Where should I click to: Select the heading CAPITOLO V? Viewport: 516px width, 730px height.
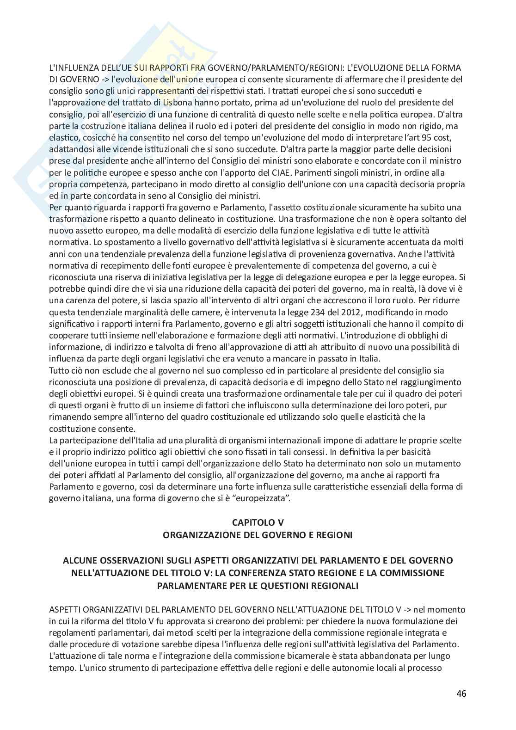(258, 522)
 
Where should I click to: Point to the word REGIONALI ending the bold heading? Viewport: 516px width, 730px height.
(331, 585)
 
